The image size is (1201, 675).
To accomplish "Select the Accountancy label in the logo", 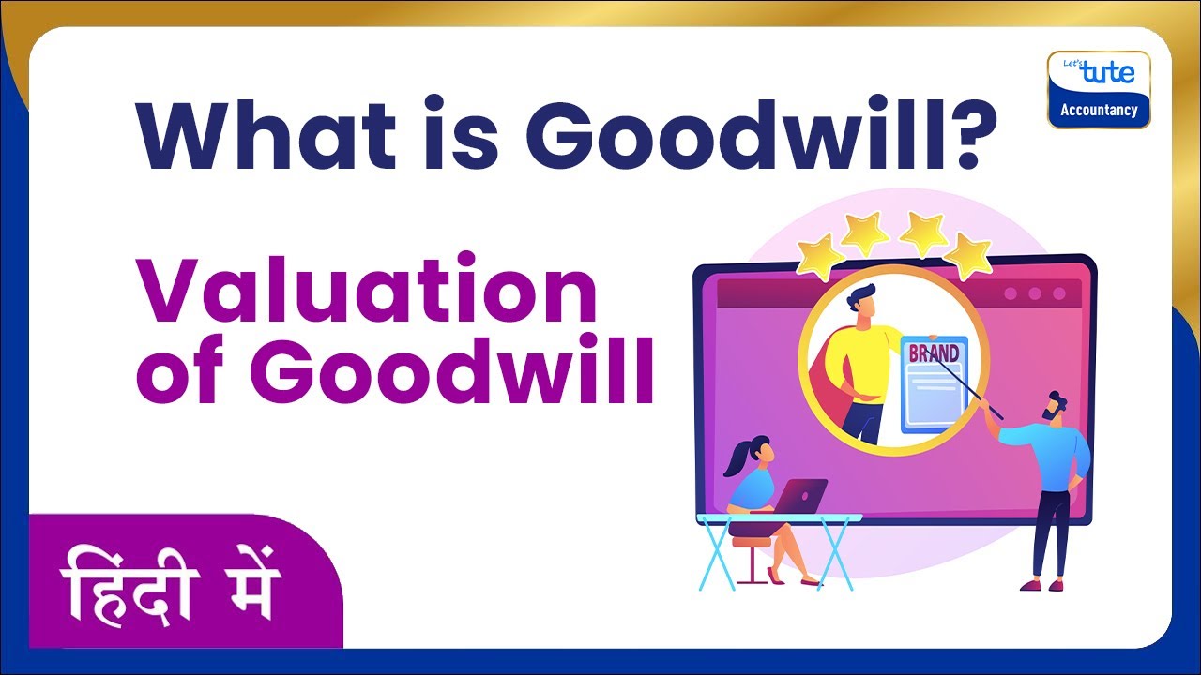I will tap(1099, 110).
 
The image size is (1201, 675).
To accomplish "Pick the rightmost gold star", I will tap(967, 254).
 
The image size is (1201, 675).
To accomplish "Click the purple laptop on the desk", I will tap(802, 494).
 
